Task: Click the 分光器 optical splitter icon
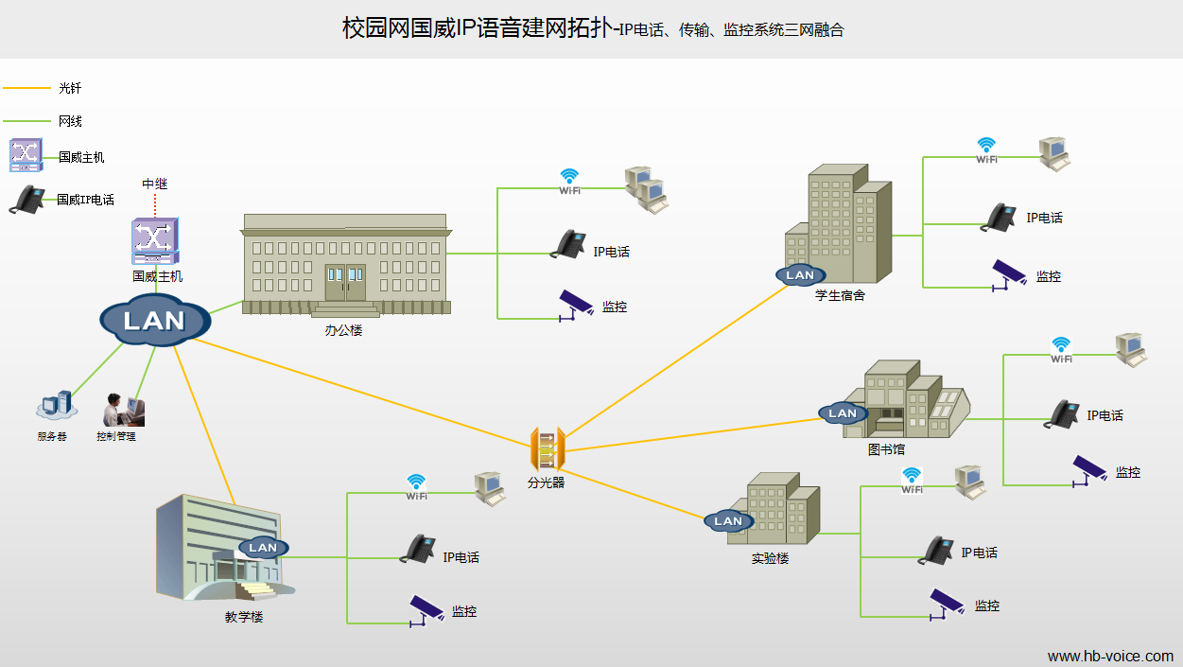(x=547, y=449)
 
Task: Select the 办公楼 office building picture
(x=345, y=265)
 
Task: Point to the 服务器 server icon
(x=54, y=407)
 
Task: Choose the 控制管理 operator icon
(x=122, y=410)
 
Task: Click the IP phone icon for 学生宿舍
(x=999, y=217)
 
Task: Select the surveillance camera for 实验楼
(x=947, y=604)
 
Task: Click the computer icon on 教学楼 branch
(x=491, y=487)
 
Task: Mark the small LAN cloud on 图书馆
(x=842, y=412)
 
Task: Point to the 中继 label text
(x=155, y=184)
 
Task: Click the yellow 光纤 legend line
(x=26, y=88)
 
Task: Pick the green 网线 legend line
(x=26, y=121)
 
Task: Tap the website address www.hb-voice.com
(x=1110, y=656)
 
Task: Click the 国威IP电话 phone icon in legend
(x=27, y=200)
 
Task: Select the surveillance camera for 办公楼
(x=574, y=306)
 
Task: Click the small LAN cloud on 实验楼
(x=728, y=520)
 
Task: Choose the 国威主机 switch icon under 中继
(x=155, y=241)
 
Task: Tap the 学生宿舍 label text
(x=840, y=295)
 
